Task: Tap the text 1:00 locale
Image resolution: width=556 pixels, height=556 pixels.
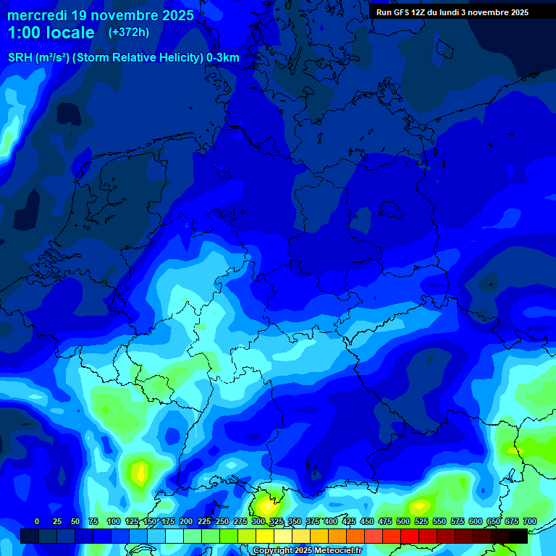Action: click(x=51, y=33)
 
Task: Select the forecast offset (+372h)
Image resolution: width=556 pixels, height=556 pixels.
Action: click(x=129, y=33)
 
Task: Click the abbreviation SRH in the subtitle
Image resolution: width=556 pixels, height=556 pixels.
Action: click(x=20, y=57)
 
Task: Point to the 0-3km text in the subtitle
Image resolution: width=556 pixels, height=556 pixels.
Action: click(x=223, y=57)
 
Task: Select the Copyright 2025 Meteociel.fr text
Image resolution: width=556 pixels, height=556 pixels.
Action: click(x=307, y=551)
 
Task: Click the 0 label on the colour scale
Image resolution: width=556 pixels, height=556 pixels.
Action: click(x=37, y=521)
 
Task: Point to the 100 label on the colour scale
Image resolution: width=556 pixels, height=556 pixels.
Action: click(x=114, y=521)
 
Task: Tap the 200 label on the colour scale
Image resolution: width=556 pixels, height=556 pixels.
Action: click(x=186, y=521)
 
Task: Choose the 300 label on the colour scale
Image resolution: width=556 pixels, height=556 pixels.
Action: click(x=258, y=521)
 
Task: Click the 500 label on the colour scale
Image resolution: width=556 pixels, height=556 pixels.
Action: click(x=403, y=521)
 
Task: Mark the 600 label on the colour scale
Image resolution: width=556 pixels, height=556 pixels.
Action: click(x=476, y=521)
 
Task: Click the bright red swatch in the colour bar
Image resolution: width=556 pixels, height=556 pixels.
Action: click(x=410, y=536)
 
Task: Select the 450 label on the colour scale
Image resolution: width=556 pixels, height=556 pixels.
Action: click(x=367, y=521)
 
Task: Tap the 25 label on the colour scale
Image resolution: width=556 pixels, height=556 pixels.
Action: click(x=57, y=521)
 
